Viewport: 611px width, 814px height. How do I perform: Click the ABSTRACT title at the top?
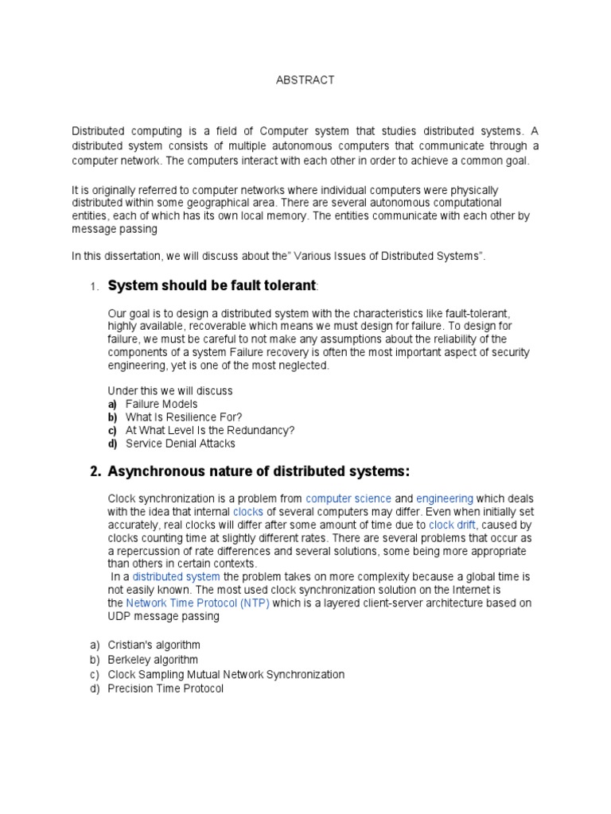[305, 80]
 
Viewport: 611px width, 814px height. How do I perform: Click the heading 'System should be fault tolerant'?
[212, 285]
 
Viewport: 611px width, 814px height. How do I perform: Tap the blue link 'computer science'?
[348, 498]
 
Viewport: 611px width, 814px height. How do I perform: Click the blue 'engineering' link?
[445, 498]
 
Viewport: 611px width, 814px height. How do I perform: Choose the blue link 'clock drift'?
[452, 525]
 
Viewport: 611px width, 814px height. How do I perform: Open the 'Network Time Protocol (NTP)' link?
[198, 603]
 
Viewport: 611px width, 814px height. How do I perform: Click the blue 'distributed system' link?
[177, 576]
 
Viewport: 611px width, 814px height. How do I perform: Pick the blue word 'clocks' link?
[248, 512]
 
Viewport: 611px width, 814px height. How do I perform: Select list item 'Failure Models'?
[162, 404]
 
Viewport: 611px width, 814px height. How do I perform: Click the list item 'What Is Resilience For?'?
[184, 417]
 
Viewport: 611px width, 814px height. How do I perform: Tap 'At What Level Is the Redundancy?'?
[210, 430]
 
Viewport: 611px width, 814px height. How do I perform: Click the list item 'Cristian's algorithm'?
[154, 645]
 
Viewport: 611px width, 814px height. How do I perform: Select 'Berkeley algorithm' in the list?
[153, 660]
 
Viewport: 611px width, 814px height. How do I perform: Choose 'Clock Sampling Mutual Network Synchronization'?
[226, 674]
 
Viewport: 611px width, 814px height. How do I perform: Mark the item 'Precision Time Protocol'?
[165, 688]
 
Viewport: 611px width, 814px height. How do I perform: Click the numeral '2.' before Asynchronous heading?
[95, 472]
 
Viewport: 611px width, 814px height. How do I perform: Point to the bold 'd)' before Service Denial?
[112, 444]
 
